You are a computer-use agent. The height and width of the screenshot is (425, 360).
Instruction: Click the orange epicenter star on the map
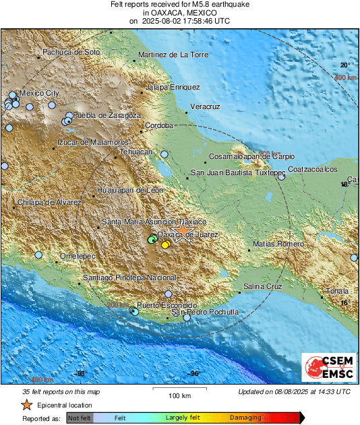tap(183, 230)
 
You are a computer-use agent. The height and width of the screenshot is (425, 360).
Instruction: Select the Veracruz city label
tap(206, 107)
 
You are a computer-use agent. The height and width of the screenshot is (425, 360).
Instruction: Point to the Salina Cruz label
tap(262, 287)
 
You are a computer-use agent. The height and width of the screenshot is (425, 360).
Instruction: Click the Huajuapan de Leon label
tap(131, 191)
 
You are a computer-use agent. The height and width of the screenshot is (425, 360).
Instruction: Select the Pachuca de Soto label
tap(71, 52)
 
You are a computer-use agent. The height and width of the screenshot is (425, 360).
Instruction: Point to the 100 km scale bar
tap(178, 391)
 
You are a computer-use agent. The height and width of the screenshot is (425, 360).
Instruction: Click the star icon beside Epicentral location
tap(26, 405)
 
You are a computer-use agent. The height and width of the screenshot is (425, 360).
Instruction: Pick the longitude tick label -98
tap(80, 373)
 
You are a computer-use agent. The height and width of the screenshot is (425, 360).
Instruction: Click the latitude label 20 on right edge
tap(344, 65)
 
